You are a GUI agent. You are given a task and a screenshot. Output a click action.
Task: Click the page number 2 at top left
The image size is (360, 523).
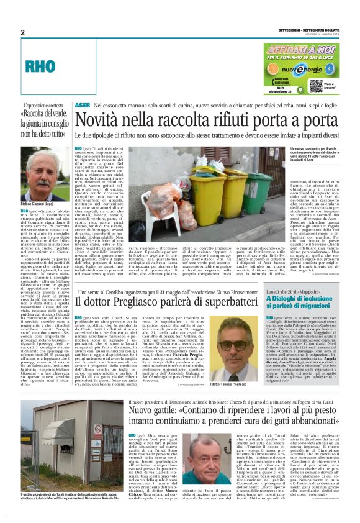click(22, 32)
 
